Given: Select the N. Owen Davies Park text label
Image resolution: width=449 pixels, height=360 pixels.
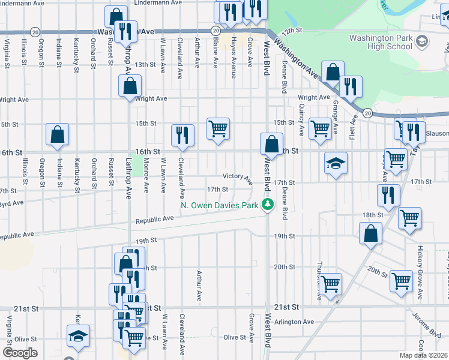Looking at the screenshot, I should point(220,206).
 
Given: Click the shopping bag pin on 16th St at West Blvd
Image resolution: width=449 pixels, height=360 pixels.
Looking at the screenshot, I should point(271,145).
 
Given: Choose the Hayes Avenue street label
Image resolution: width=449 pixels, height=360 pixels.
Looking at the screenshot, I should point(233,52).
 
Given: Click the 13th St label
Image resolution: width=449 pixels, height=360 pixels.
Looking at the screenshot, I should point(145,64).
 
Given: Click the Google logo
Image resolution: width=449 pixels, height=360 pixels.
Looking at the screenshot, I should point(19,353).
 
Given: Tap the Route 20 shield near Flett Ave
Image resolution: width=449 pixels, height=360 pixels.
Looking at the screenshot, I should point(368,112).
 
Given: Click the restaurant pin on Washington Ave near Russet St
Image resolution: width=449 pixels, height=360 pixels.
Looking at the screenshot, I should point(126,31).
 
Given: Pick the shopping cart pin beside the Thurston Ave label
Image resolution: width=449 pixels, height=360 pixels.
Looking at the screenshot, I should point(331,283).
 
